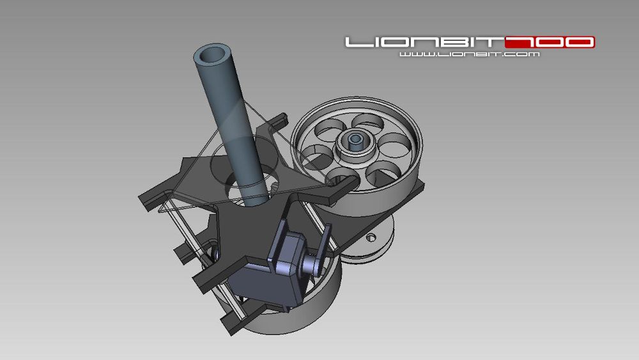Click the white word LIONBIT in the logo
(x=424, y=43)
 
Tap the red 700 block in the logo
(x=550, y=43)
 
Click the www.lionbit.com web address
(x=470, y=55)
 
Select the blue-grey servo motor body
(x=268, y=281)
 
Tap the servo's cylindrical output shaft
(x=314, y=264)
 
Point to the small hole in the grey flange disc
(x=369, y=238)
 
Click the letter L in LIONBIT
(x=357, y=43)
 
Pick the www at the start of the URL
(x=412, y=55)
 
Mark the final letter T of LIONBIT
(x=494, y=43)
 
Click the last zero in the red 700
(x=579, y=43)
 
